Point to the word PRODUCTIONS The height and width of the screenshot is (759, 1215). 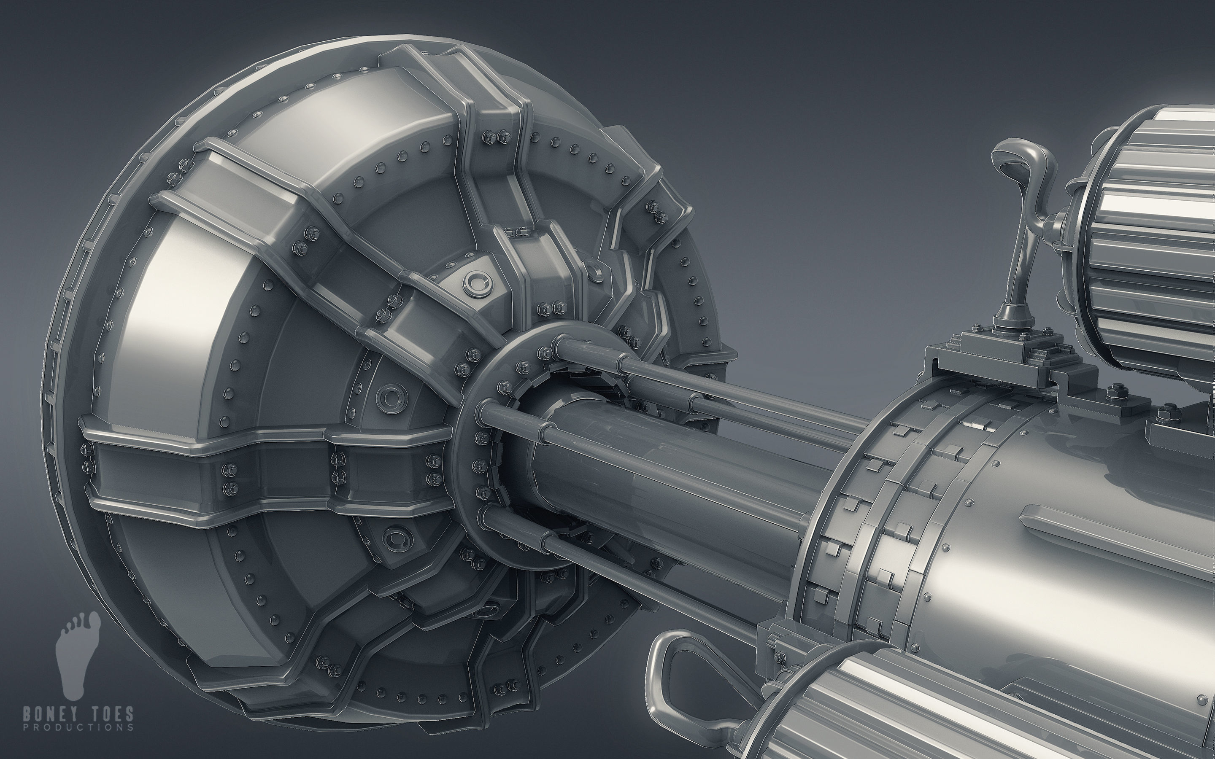coord(78,727)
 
